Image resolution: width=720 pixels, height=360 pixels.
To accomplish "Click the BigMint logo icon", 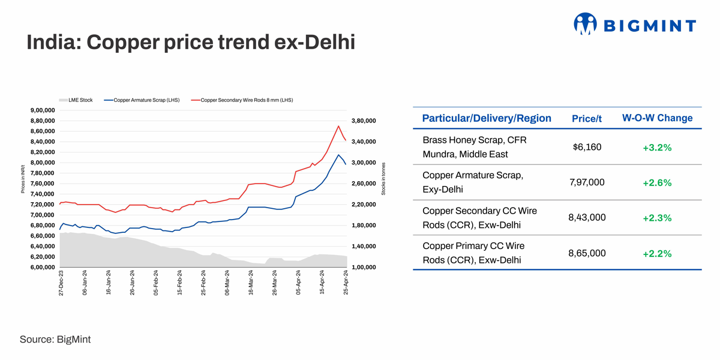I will (x=586, y=24).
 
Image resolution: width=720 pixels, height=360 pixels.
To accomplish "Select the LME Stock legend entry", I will (x=76, y=100).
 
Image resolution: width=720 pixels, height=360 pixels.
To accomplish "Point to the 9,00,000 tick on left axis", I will (x=42, y=110).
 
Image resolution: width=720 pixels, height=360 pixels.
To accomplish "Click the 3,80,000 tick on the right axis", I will (x=363, y=121).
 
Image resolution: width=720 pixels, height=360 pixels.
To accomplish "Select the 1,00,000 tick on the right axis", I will (x=363, y=268).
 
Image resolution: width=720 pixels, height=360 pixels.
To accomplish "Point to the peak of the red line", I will (x=339, y=126).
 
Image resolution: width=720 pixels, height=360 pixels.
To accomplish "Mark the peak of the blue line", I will (x=339, y=155).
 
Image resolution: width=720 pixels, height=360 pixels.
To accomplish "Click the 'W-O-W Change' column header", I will (x=657, y=118).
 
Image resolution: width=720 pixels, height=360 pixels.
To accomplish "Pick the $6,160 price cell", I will (x=587, y=147).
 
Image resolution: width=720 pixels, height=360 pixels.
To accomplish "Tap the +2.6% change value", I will (x=657, y=183).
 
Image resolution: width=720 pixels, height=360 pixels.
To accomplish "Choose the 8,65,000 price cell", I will (x=587, y=253).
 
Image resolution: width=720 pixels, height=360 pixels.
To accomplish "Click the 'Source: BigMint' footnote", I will (x=55, y=340).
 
